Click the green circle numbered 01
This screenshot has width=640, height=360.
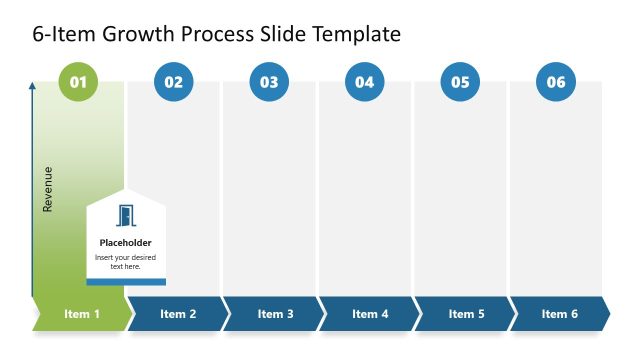coord(78,82)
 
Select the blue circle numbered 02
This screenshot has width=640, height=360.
coord(174,82)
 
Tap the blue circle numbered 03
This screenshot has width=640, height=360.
coord(269,82)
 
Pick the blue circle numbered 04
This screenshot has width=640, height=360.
coord(364,82)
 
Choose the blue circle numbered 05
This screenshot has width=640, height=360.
coord(460,82)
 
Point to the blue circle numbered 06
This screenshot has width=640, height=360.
coord(556,82)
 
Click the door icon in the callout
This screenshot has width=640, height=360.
coord(126,215)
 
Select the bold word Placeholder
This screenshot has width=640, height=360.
coord(126,242)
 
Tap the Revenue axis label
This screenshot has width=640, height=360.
coord(48,189)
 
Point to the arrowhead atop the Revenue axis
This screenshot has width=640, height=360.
coord(32,87)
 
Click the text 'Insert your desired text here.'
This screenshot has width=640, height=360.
coord(126,262)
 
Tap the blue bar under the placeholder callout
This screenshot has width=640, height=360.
coord(126,282)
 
